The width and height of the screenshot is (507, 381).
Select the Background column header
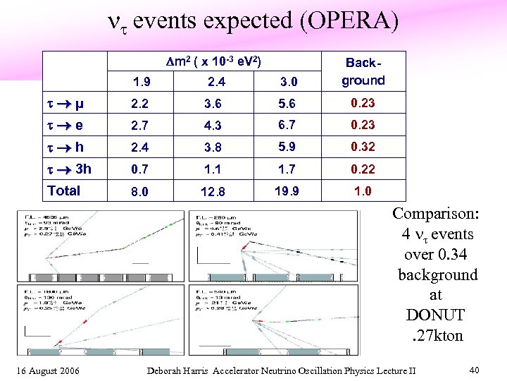363,72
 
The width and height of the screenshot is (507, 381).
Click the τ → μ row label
65,104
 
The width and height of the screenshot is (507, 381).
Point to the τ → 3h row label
69,169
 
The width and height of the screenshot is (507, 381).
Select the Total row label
64,190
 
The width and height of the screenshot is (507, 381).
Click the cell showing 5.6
287,104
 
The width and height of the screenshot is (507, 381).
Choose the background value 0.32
363,147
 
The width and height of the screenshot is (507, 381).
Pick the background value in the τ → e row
363,125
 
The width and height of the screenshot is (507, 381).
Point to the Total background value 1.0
363,191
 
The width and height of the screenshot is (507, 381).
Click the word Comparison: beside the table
434,214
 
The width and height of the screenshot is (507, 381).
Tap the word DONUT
434,315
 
